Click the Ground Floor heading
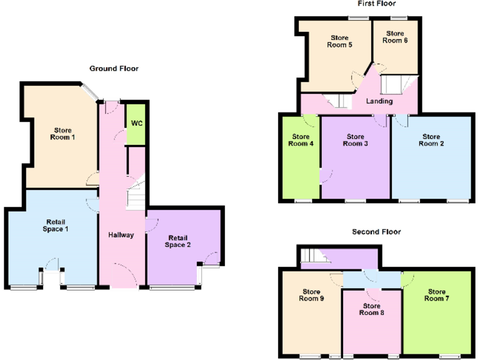[x=114, y=69]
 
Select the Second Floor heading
[x=376, y=232]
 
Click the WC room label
[x=136, y=123]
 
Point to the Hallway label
[x=121, y=236]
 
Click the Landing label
[x=379, y=101]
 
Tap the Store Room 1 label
[x=62, y=134]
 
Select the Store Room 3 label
[x=356, y=140]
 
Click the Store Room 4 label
[x=301, y=140]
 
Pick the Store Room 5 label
[x=341, y=41]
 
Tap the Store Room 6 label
[x=395, y=37]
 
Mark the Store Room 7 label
[x=437, y=295]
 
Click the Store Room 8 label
[x=371, y=309]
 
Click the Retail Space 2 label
[x=177, y=241]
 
